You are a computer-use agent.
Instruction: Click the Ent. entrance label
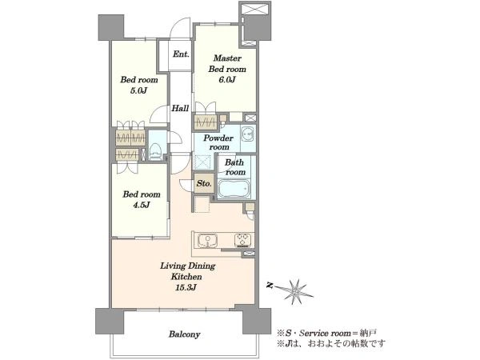tap(181, 54)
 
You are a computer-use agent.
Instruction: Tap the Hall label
tap(180, 108)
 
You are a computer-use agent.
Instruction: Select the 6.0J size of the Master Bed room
tap(227, 80)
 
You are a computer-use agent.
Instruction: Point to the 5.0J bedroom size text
tap(139, 90)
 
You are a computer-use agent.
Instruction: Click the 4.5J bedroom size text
tap(141, 205)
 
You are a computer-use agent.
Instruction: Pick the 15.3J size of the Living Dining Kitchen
tap(186, 288)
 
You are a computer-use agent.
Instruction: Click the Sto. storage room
tap(204, 183)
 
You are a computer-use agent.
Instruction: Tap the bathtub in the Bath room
tap(234, 189)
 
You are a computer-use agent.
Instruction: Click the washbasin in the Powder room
tap(248, 134)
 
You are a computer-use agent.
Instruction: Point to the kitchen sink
tap(207, 240)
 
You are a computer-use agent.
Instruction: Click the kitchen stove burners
tap(242, 240)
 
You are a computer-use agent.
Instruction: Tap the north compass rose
tap(295, 290)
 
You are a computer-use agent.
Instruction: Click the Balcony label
tap(184, 334)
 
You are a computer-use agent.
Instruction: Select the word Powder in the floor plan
tap(218, 138)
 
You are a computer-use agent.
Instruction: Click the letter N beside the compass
tap(270, 286)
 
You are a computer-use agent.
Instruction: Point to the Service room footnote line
tap(326, 333)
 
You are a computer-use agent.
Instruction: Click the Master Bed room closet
tap(206, 122)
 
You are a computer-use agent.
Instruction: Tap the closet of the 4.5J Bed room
tap(127, 154)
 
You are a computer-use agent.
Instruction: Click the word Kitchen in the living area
tap(186, 277)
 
